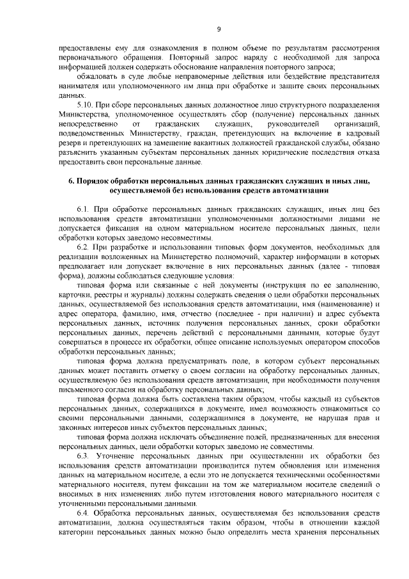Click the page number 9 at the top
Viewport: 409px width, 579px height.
219,29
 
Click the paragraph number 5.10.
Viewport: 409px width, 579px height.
85,104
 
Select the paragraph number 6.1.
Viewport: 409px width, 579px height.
83,209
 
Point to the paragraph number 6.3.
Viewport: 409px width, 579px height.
83,455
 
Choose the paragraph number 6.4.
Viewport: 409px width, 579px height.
83,514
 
